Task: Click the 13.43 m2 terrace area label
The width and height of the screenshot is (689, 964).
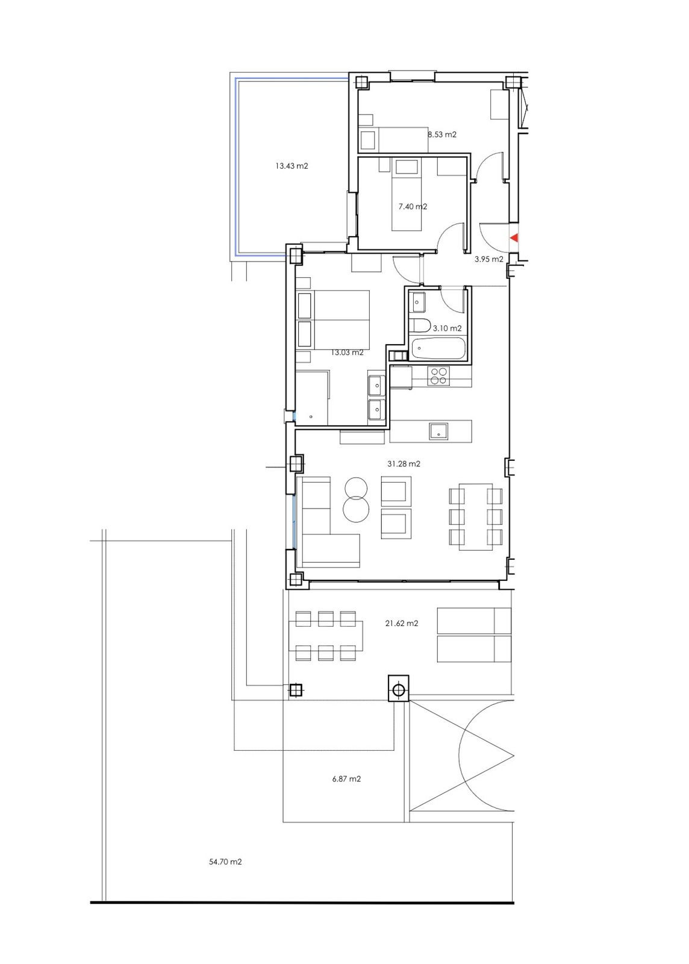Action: pos(291,166)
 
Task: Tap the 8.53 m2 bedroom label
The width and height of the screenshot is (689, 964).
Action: pos(442,134)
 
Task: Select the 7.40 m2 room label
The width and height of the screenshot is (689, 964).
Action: pos(413,207)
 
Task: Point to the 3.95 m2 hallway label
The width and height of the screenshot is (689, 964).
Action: pos(488,259)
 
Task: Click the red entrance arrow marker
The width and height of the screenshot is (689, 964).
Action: pos(514,239)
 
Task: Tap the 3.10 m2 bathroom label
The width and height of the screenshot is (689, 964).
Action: pos(447,328)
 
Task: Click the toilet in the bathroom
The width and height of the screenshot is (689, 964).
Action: pos(419,325)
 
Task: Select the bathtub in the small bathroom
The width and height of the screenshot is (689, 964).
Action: pos(438,348)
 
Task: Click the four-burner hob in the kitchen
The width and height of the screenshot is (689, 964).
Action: pos(438,376)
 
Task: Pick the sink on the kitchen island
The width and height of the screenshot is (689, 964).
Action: pos(438,431)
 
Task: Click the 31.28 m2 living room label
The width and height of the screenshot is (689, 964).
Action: pos(404,464)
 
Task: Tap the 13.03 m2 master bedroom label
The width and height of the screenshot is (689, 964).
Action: pos(347,352)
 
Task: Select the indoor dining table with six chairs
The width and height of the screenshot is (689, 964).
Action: pos(476,516)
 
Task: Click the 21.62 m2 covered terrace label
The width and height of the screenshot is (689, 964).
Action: pos(402,624)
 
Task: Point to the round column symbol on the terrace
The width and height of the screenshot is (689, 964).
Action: pos(398,689)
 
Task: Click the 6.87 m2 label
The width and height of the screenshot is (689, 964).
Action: pos(346,779)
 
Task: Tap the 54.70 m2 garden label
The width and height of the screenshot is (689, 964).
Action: pos(225,862)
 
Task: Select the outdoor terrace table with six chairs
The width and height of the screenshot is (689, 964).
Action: pos(326,636)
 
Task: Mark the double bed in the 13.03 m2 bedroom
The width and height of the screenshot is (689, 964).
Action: pos(334,319)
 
